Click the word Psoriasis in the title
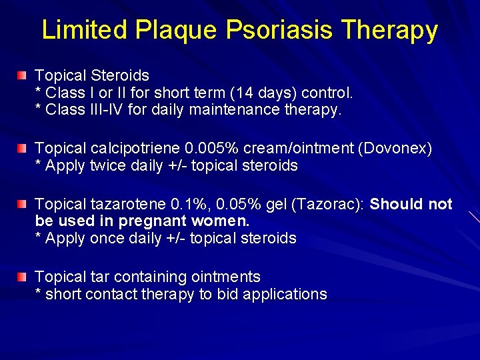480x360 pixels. [273, 30]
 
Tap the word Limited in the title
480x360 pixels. [84, 30]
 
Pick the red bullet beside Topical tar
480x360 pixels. [23, 277]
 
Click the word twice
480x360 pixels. [106, 166]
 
